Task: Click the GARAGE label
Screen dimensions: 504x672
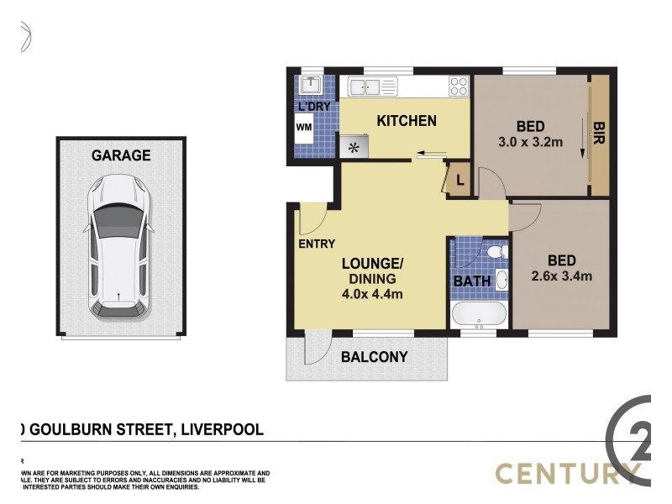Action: (x=121, y=155)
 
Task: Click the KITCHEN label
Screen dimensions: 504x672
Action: (x=406, y=121)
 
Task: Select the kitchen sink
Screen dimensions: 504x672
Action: (x=366, y=86)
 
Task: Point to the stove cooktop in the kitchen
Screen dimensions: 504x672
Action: (x=458, y=86)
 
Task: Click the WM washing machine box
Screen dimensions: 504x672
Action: (x=303, y=129)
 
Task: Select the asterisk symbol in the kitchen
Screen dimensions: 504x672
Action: (x=354, y=149)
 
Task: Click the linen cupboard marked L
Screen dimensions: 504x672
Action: (x=459, y=180)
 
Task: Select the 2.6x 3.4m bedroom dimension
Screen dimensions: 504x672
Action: (x=562, y=275)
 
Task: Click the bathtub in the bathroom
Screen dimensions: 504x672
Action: (x=478, y=316)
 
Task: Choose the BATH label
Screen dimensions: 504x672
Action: (x=472, y=281)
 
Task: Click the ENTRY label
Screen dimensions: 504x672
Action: (x=317, y=244)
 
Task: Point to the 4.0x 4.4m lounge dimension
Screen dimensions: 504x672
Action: (x=373, y=293)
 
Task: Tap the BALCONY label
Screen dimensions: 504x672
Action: (x=374, y=357)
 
